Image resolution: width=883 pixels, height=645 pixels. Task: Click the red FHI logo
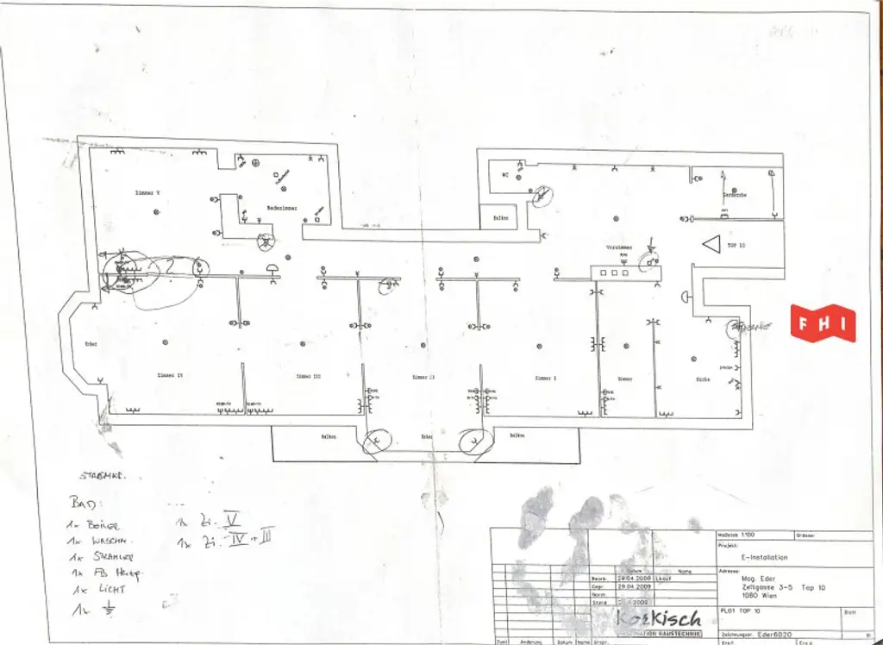point(824,323)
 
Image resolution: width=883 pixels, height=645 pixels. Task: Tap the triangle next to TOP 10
point(711,245)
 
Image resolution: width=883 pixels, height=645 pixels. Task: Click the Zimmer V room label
point(145,192)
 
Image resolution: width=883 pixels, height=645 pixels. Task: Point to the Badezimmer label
point(282,208)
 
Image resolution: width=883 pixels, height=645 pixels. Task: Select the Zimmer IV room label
point(169,375)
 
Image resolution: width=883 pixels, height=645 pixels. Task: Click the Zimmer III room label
point(308,377)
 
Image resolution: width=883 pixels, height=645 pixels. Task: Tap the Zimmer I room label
point(546,378)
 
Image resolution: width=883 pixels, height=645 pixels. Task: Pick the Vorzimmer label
point(620,247)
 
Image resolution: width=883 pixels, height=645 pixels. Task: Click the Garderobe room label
point(735,196)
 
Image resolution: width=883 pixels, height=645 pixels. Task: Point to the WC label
point(507,173)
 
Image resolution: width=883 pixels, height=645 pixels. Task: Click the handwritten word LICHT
point(112,589)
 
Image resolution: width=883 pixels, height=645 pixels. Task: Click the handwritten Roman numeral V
point(230,519)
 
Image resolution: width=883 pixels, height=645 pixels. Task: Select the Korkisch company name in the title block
point(660,618)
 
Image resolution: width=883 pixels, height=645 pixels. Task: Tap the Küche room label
point(703,379)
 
